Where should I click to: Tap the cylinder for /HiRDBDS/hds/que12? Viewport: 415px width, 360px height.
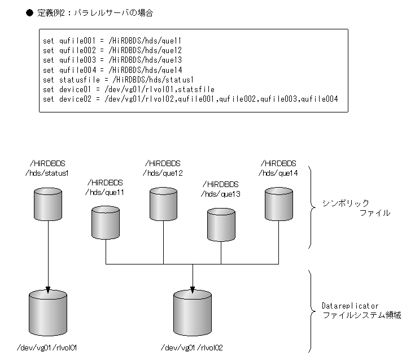pos(164,204)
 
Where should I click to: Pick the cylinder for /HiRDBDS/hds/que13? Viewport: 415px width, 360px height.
pos(221,224)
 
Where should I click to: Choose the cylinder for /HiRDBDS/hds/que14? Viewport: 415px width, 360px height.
pos(278,204)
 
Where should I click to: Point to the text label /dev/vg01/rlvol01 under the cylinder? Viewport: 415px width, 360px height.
pos(47,347)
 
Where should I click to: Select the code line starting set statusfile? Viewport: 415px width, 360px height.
pos(119,80)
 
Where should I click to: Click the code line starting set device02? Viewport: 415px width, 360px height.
pos(190,99)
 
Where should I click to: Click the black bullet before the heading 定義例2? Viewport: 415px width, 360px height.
pos(30,12)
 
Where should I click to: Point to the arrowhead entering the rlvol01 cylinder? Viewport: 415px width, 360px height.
pos(47,290)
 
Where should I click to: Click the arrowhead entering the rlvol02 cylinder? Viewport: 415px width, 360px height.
pos(193,290)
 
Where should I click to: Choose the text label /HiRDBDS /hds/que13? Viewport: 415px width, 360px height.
pos(220,189)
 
